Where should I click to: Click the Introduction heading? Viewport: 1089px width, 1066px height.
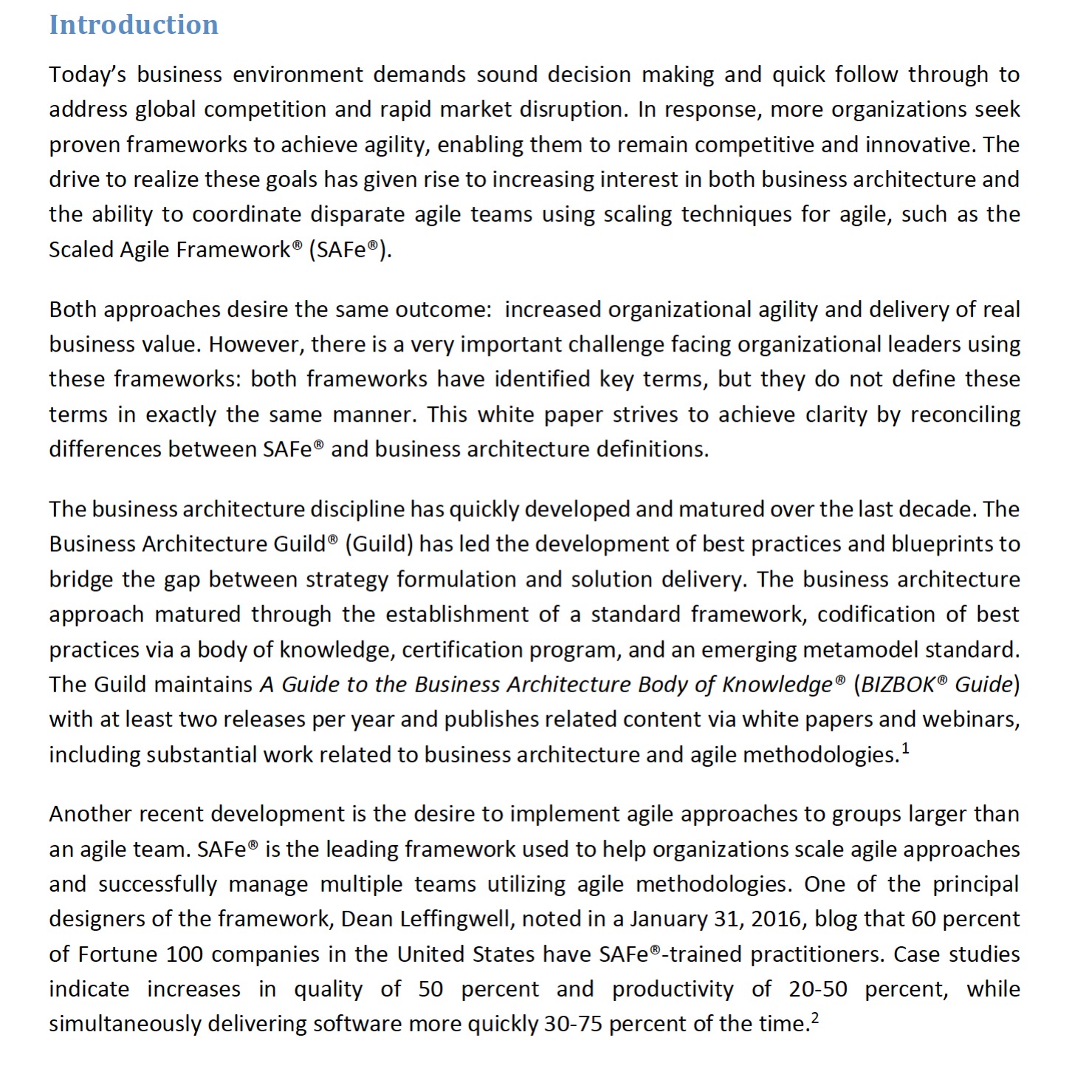pos(134,24)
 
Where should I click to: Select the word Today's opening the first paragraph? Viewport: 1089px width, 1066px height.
pos(88,75)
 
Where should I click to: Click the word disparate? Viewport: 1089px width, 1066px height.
pos(358,214)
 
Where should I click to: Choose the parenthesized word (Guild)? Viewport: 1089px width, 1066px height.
pos(379,544)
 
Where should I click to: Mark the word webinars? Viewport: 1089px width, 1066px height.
pos(975,720)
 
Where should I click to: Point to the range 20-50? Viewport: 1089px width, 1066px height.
pos(817,989)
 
